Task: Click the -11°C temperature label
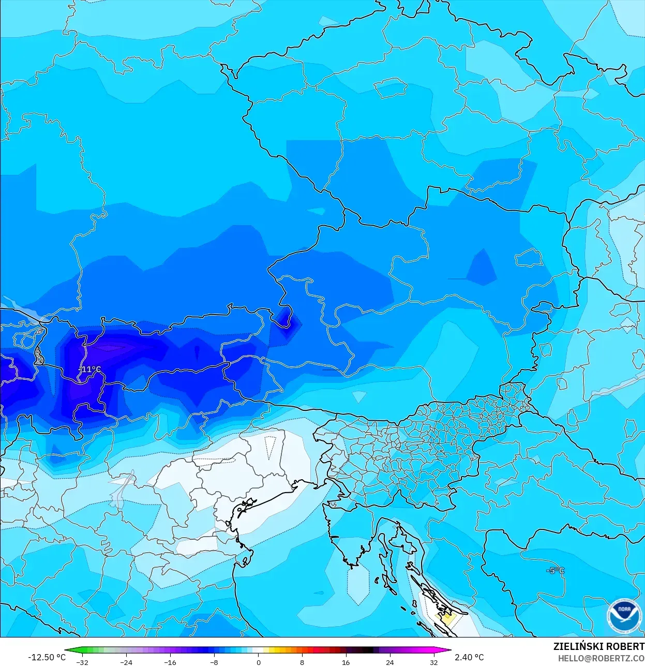pos(90,369)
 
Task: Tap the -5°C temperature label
pos(556,571)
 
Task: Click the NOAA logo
pos(624,616)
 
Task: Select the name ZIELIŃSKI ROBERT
pos(598,647)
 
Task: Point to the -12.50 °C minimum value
pos(47,657)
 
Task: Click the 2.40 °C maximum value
pos(469,657)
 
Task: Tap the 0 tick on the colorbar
pos(258,662)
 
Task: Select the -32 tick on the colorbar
pos(82,662)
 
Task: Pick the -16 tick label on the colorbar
pos(170,662)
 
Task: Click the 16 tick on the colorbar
pos(346,662)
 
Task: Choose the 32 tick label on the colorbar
pos(433,662)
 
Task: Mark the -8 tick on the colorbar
pos(214,662)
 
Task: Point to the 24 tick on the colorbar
pos(389,662)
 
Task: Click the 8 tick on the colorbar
pos(302,662)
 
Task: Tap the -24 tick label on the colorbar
pos(126,662)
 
